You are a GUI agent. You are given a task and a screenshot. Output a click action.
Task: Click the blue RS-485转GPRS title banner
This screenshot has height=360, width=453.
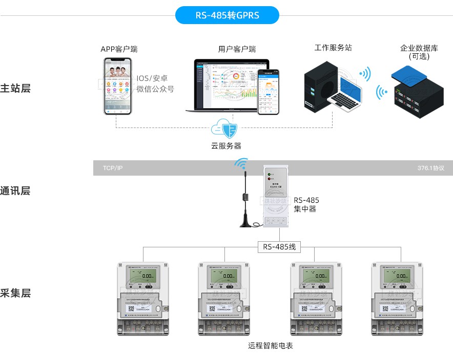227,15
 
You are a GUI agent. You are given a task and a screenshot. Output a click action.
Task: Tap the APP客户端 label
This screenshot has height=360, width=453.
119,49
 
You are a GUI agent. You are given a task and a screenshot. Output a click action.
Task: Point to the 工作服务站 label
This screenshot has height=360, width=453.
333,48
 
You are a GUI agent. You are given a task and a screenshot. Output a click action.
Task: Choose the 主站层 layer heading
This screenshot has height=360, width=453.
15,88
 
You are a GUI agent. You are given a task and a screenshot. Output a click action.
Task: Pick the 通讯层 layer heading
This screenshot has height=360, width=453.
15,191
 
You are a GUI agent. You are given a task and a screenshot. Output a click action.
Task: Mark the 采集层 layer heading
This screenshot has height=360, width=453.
15,293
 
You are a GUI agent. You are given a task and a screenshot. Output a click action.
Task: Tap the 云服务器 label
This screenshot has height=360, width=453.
226,146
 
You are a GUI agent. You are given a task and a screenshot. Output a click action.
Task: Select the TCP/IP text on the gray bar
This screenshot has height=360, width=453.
113,168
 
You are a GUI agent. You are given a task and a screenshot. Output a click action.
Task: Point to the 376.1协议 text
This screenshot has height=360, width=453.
430,168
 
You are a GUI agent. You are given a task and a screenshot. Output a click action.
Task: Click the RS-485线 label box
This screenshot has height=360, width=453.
279,247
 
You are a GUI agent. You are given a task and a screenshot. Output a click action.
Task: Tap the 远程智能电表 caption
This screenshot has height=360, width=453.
271,346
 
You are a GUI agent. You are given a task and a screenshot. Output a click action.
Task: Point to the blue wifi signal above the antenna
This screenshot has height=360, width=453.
241,164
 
